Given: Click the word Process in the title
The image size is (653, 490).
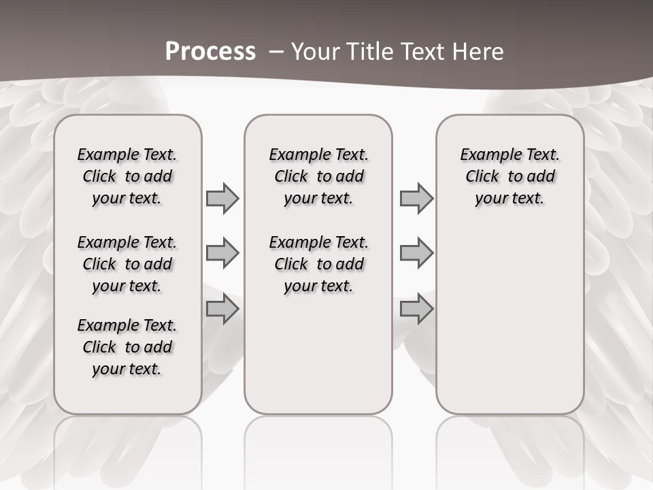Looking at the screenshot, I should [x=210, y=52].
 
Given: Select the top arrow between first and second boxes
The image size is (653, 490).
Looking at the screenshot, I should [x=222, y=198].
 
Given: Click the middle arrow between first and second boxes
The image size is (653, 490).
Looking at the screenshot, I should [x=222, y=254].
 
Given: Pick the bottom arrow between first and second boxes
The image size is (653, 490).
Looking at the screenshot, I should [x=222, y=309].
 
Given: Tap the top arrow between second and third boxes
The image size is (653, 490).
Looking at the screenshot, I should [x=416, y=198].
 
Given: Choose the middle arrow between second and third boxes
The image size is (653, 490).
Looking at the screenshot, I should [x=416, y=254].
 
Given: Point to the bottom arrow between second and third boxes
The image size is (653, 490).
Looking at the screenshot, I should [x=416, y=309].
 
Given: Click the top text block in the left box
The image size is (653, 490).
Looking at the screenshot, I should [x=127, y=176].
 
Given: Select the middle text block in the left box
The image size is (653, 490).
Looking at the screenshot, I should [x=127, y=264].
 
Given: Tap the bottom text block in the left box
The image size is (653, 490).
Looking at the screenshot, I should [x=127, y=347].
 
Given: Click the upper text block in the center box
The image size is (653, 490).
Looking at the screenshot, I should [x=318, y=176].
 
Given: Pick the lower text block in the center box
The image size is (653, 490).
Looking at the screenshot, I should [x=318, y=264].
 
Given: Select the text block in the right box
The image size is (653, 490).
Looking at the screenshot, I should [x=509, y=176].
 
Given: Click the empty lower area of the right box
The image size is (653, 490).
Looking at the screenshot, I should [x=509, y=320].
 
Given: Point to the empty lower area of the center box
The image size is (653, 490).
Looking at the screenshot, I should [x=318, y=354].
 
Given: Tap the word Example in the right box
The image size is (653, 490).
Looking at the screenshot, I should [x=484, y=154].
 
